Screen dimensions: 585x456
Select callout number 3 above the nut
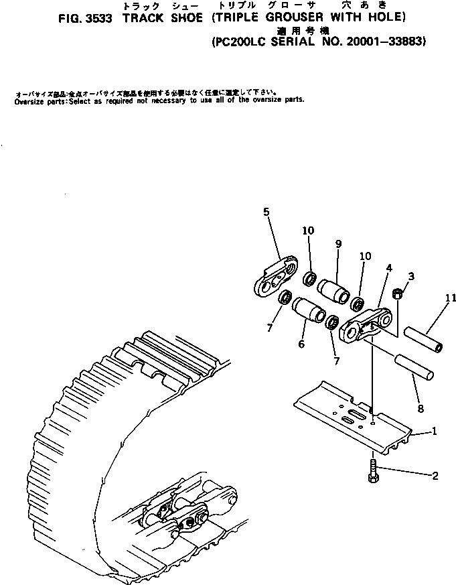tap(411, 276)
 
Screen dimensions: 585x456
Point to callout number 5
tap(267, 212)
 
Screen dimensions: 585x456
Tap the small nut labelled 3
tap(397, 293)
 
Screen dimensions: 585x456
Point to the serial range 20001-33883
tap(377, 41)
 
